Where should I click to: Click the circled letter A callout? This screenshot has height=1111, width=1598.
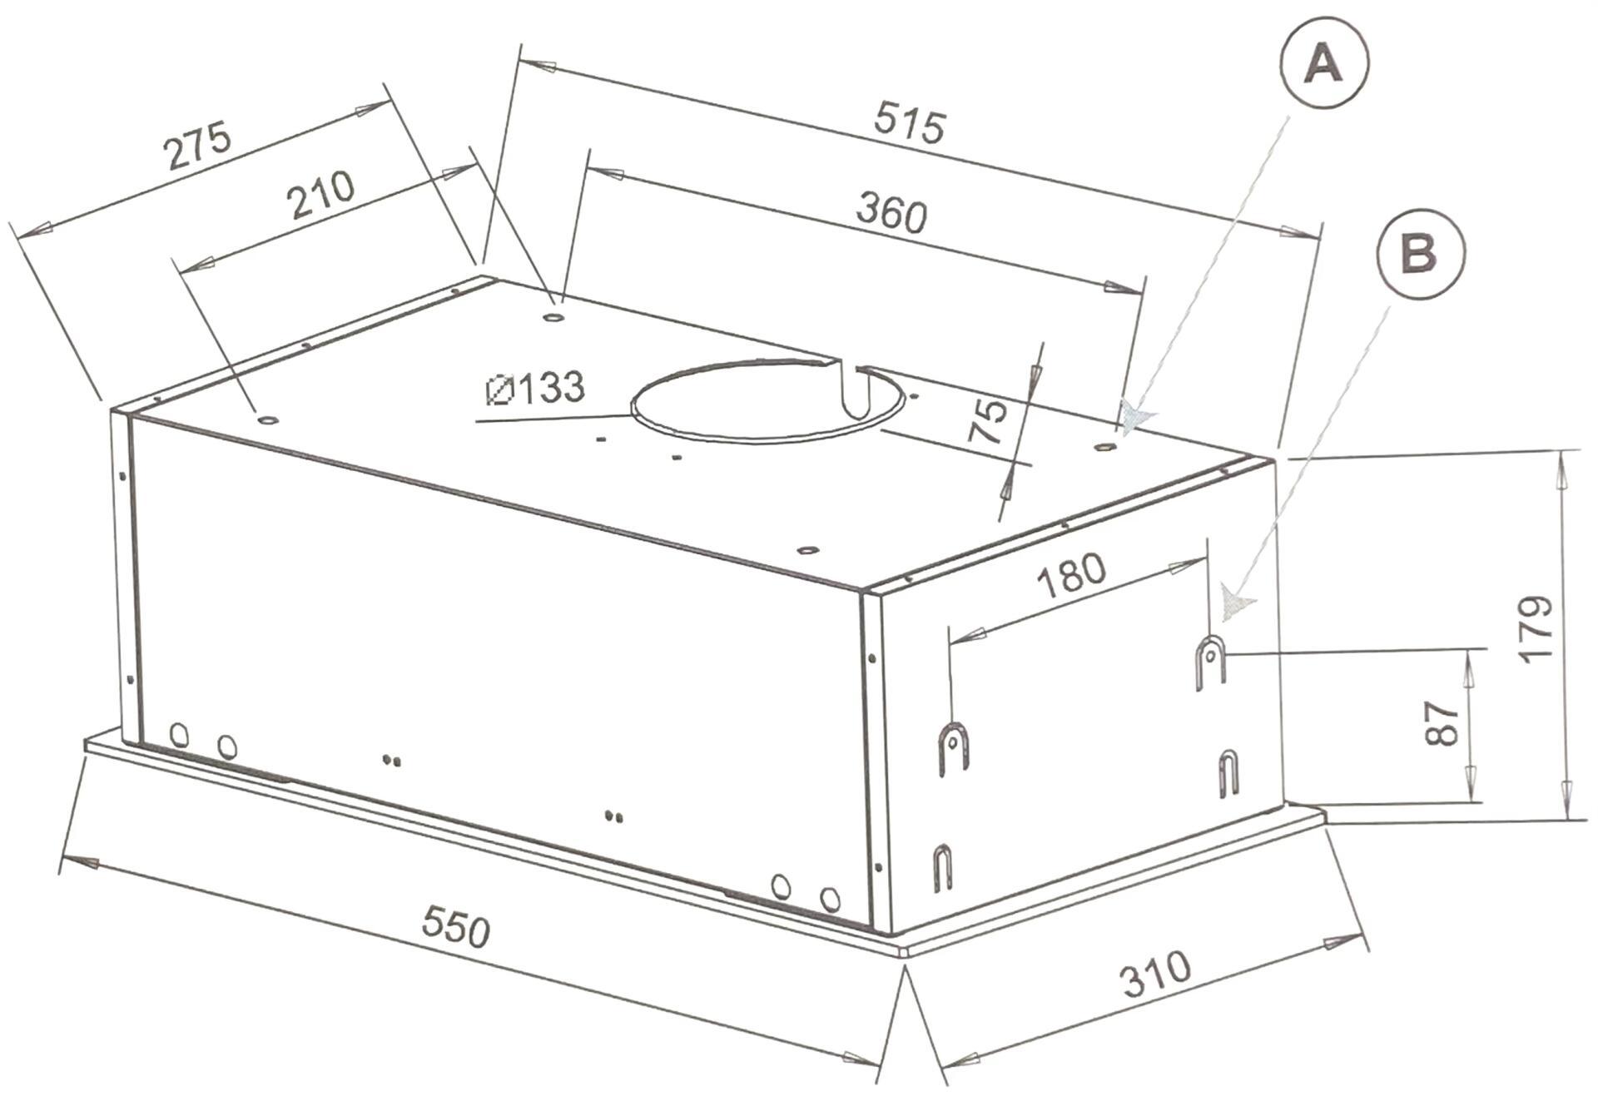click(x=1324, y=65)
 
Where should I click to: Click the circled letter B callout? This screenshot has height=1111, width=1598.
click(x=1420, y=251)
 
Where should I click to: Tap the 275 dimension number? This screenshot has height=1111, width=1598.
click(x=198, y=146)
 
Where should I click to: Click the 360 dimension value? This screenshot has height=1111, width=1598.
click(x=891, y=213)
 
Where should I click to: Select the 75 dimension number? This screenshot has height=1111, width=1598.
click(x=989, y=420)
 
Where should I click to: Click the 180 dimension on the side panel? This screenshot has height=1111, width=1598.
click(x=1072, y=575)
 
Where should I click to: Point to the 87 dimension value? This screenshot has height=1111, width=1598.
click(x=1442, y=723)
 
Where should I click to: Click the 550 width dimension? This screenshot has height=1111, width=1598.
click(x=455, y=926)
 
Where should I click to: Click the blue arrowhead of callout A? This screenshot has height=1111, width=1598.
click(x=1135, y=418)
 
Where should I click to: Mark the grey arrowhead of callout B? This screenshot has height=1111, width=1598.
click(x=1235, y=603)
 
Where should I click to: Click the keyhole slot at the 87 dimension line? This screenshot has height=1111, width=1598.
click(x=1212, y=662)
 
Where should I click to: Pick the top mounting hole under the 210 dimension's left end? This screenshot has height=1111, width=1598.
click(x=267, y=419)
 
